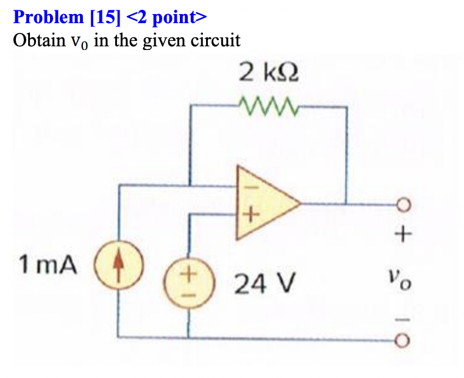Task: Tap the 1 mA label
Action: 49,265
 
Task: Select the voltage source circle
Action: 189,282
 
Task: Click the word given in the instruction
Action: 163,41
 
